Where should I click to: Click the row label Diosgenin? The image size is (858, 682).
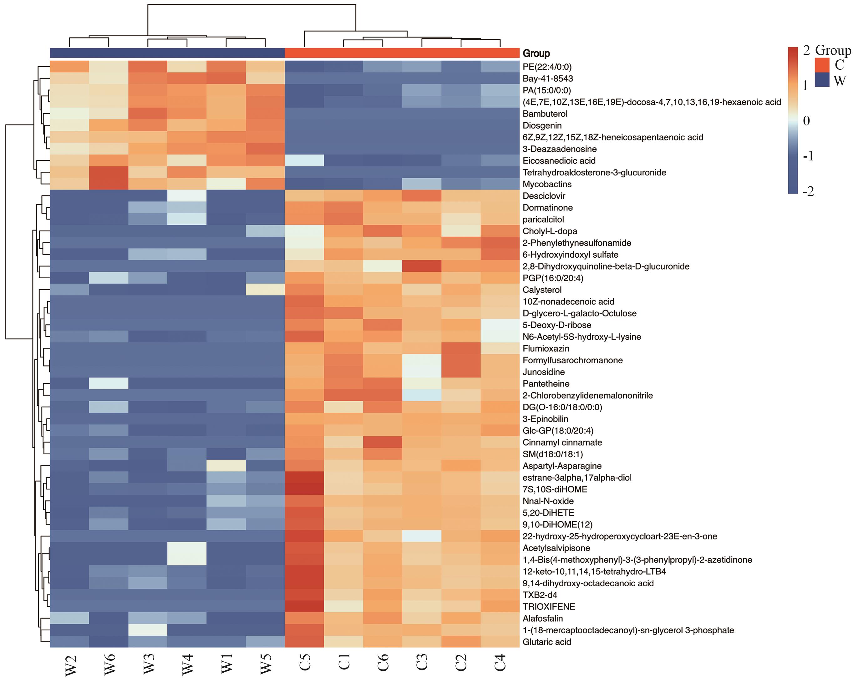(542, 126)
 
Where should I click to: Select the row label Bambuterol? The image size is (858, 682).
(545, 114)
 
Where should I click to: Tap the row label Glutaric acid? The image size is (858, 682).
(546, 642)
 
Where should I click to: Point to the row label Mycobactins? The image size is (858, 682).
(547, 184)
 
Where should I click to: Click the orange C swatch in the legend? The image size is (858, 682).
(822, 64)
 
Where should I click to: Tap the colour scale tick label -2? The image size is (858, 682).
(808, 191)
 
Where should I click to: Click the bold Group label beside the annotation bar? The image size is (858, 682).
(536, 53)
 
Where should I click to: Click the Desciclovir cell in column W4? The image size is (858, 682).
(187, 196)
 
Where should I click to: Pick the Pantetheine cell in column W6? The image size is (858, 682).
(109, 384)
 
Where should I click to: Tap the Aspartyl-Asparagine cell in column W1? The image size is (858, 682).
(226, 466)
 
